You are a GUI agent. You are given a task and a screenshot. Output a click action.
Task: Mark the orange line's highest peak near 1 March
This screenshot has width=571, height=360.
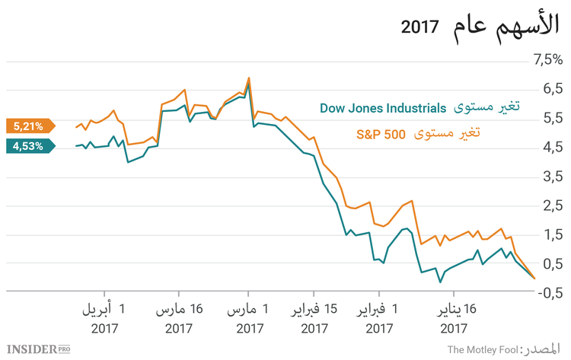pyautogui.click(x=248, y=78)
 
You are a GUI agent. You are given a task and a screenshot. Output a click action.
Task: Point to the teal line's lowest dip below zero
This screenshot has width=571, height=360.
pyautogui.click(x=440, y=282)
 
